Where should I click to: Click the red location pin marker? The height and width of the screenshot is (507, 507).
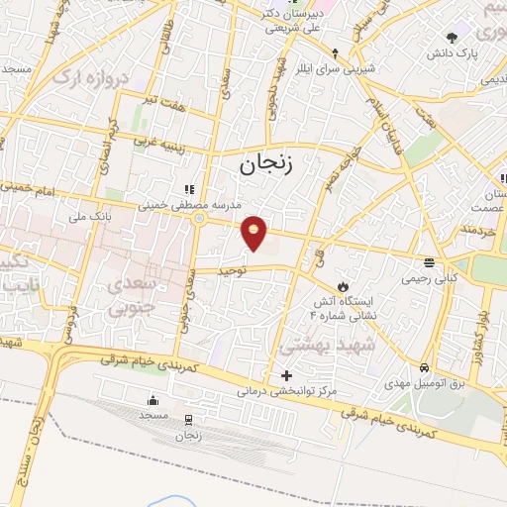click(x=255, y=233)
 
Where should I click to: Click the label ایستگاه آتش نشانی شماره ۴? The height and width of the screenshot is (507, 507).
click(x=316, y=304)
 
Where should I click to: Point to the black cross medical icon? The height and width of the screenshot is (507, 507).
click(x=287, y=375)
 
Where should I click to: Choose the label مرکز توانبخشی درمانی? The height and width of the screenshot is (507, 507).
click(x=286, y=392)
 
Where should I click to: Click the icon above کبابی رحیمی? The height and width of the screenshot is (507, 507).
click(x=429, y=263)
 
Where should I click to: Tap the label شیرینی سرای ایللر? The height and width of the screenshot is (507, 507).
click(x=337, y=69)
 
